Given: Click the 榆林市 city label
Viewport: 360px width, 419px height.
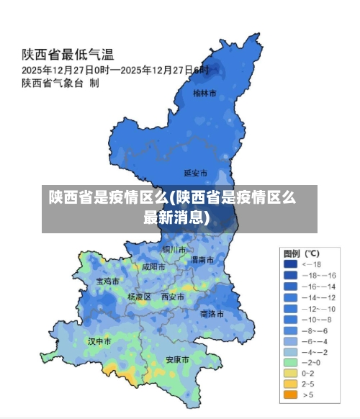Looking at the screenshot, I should (x=204, y=93).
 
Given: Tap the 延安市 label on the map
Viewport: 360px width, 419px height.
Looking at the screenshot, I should (x=195, y=173).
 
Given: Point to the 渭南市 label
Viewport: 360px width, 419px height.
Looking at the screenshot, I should (x=202, y=259).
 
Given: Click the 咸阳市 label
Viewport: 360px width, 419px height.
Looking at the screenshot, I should (x=153, y=266).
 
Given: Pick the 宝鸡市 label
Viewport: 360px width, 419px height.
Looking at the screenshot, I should (x=108, y=281).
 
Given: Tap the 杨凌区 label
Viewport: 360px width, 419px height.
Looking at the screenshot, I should (x=139, y=297).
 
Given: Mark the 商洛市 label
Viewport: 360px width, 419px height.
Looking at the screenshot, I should (x=212, y=314).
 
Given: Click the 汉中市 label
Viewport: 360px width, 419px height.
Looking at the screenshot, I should (x=99, y=341).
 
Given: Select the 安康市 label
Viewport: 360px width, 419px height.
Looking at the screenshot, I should (x=177, y=359).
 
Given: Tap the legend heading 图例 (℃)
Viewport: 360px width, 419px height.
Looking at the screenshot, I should (x=302, y=253).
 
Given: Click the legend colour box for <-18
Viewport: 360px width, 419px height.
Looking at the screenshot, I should (x=290, y=264).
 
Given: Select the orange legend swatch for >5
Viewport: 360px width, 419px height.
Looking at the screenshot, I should (x=290, y=395).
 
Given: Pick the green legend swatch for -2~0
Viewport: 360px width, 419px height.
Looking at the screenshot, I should (x=290, y=362).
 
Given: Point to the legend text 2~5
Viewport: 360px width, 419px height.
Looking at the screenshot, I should (x=308, y=384).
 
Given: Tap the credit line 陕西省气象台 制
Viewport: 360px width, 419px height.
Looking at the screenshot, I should (x=60, y=84).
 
